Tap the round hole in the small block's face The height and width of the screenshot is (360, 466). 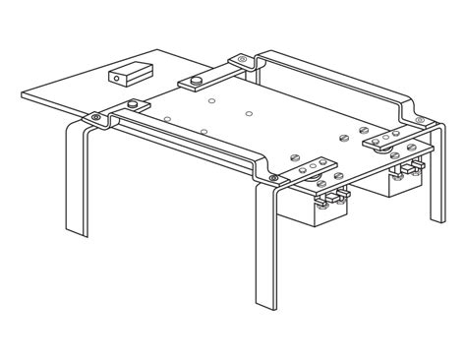click(116, 78)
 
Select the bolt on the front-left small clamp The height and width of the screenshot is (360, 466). click(132, 104)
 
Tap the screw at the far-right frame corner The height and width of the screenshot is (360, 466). click(420, 121)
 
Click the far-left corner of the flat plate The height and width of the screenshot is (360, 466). click(24, 94)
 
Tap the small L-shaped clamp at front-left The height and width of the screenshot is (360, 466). click(134, 106)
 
